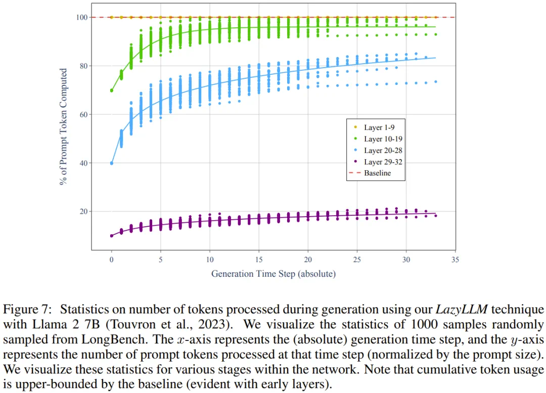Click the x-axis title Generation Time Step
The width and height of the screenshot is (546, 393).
273,274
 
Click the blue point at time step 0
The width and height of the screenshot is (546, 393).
112,163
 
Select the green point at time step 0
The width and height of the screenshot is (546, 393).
112,90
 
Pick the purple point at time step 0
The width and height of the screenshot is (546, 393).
112,236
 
